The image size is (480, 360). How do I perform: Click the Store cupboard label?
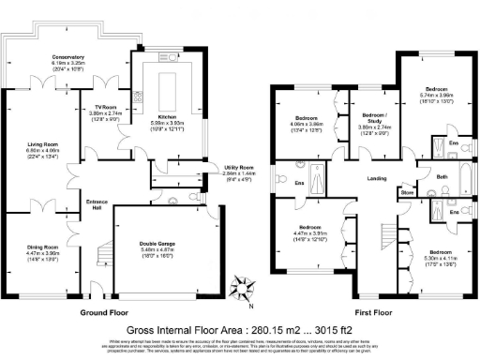(407, 192)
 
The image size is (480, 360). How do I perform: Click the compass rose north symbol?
(245, 289)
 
